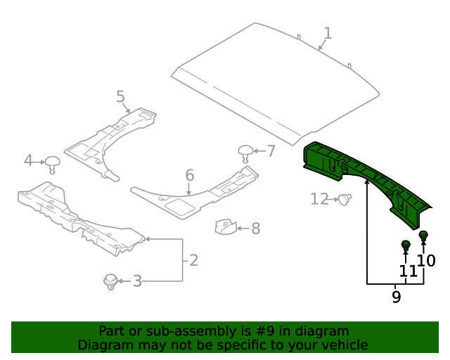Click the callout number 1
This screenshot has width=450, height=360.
[328, 33]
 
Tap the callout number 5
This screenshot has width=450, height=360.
[120, 96]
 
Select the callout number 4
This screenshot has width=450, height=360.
[28, 160]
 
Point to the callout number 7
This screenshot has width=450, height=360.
[271, 150]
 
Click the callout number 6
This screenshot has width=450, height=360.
[189, 174]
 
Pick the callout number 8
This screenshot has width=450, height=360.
[255, 228]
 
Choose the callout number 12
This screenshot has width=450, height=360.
[319, 200]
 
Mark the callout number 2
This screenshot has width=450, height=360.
[193, 260]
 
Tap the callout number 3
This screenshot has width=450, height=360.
[137, 281]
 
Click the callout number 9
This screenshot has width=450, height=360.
[396, 297]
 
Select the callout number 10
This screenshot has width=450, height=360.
[427, 261]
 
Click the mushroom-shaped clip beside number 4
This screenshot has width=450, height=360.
[52, 163]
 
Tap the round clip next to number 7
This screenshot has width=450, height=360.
[245, 151]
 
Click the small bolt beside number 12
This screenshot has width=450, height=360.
[345, 200]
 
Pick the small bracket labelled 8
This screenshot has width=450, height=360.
[224, 227]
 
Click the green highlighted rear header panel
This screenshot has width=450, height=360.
[366, 179]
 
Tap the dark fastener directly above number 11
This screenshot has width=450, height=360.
[406, 247]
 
